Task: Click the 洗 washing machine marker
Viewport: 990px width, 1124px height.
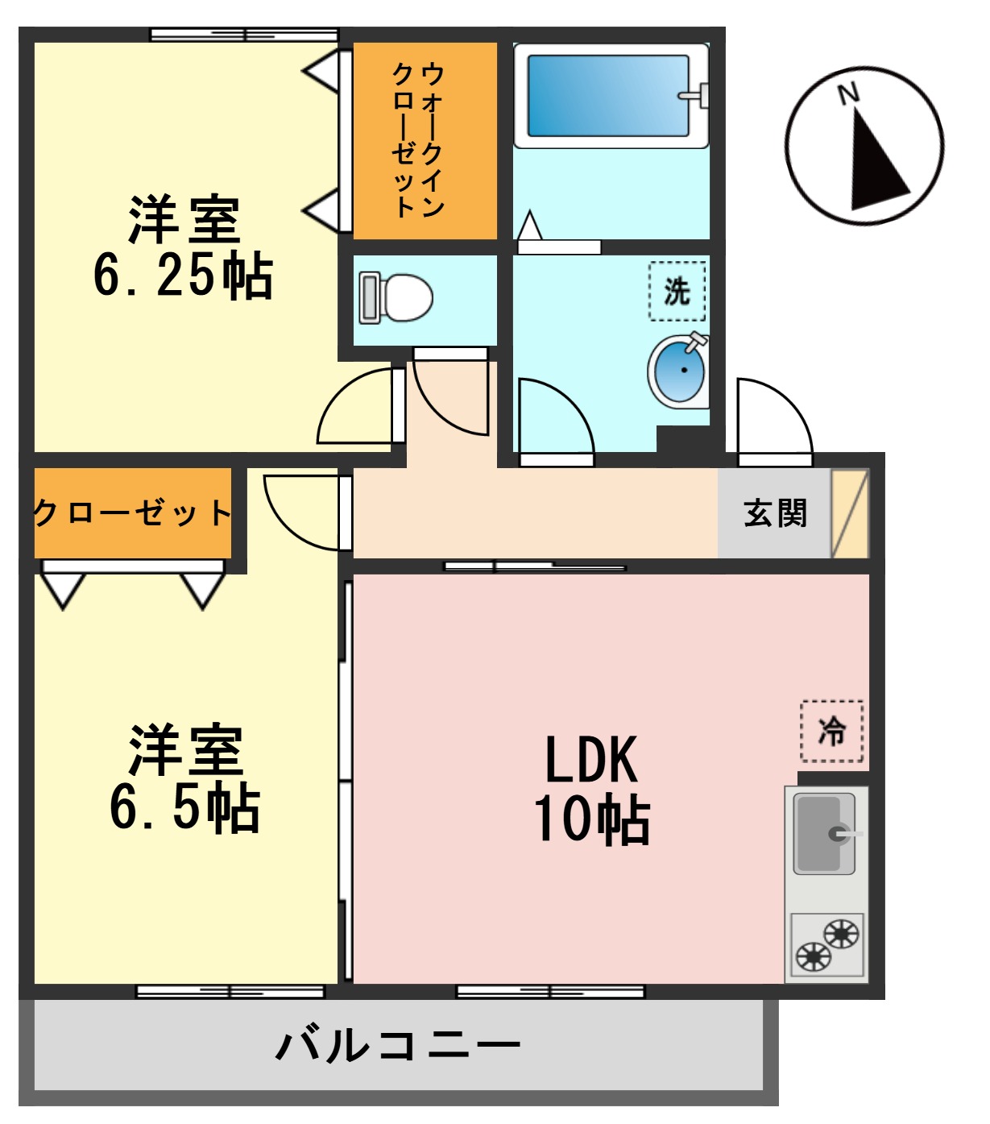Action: (677, 291)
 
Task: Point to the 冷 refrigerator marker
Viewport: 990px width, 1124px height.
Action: (831, 732)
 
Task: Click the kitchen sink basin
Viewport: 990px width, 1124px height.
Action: (823, 834)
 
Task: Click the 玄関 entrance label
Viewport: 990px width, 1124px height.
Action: (774, 513)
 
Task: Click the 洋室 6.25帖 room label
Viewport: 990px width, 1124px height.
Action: (184, 247)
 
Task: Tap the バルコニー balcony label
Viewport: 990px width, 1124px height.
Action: (398, 1045)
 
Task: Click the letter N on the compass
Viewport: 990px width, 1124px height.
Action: (847, 94)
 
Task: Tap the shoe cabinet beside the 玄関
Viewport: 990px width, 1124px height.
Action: (850, 513)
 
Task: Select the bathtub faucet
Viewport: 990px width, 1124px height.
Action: (695, 95)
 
